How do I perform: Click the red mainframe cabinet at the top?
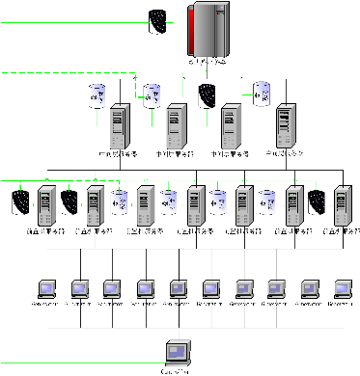tap(211, 29)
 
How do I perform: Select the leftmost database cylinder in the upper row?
tap(97, 95)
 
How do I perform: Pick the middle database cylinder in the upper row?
tap(152, 95)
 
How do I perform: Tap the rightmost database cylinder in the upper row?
tap(262, 94)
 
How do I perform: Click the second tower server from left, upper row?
tap(175, 126)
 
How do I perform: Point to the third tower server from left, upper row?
tap(230, 126)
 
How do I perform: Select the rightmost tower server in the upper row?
tap(285, 126)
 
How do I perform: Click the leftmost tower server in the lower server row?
tap(45, 206)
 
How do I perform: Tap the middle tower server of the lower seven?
tap(195, 206)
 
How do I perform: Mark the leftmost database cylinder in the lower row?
tap(120, 202)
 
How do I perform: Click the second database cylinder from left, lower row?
tap(169, 202)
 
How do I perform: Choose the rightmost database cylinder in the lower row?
tap(267, 202)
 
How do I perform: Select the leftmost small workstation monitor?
tap(46, 288)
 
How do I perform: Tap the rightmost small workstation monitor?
tap(343, 288)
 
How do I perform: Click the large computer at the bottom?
tap(177, 352)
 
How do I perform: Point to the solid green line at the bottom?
tap(77, 363)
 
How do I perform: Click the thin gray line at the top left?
tap(68, 22)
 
